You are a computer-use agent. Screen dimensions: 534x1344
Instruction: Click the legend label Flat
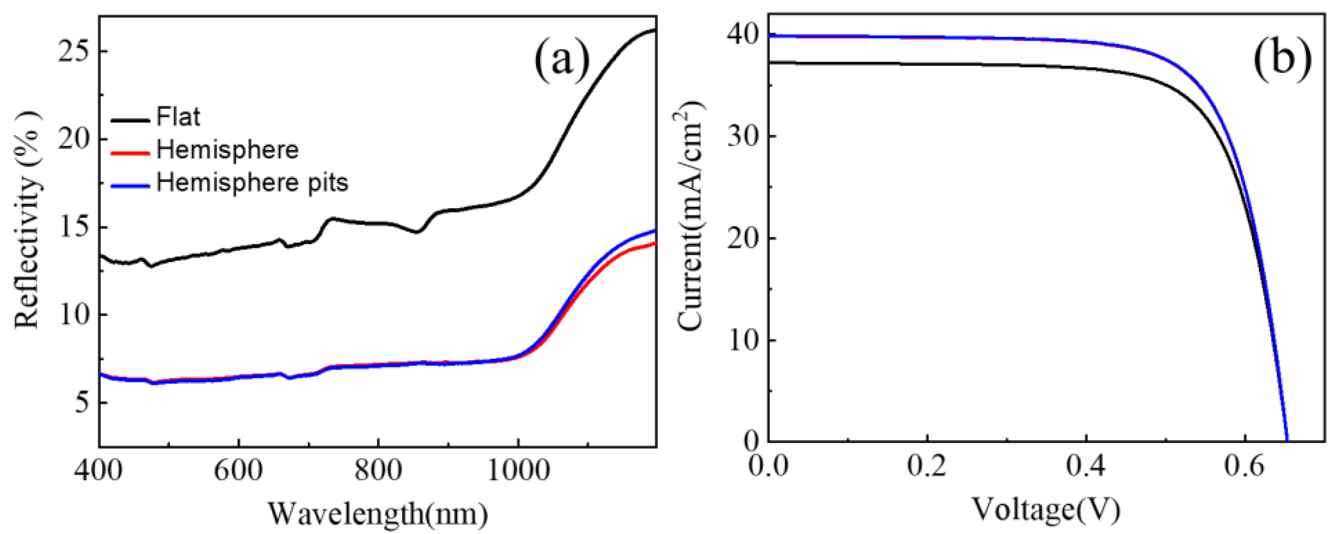(x=178, y=117)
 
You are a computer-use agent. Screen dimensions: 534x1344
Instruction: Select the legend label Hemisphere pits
(x=252, y=183)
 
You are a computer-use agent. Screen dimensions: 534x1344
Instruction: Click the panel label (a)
(x=562, y=63)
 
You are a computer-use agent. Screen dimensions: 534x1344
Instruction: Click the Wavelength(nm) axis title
(x=378, y=514)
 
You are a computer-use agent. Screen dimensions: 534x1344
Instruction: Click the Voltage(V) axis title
(x=1047, y=510)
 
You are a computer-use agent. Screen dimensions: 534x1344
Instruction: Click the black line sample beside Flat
(x=131, y=120)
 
